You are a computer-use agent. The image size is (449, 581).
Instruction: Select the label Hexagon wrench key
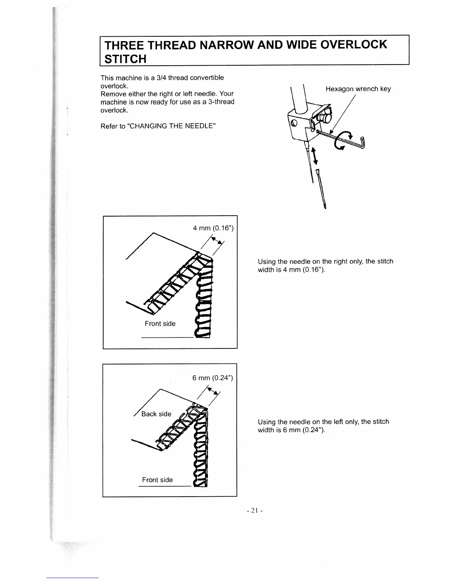pyautogui.click(x=358, y=89)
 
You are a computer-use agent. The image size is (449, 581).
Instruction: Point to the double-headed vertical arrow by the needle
pyautogui.click(x=314, y=156)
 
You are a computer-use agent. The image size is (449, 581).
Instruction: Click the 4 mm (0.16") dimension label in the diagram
pyautogui.click(x=213, y=228)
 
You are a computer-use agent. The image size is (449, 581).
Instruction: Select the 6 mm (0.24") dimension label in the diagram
pyautogui.click(x=212, y=378)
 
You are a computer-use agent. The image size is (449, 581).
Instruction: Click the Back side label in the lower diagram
pyautogui.click(x=156, y=414)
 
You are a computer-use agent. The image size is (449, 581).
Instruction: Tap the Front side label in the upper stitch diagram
pyautogui.click(x=160, y=324)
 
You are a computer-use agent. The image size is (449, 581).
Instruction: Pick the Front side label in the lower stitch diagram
pyautogui.click(x=157, y=480)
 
